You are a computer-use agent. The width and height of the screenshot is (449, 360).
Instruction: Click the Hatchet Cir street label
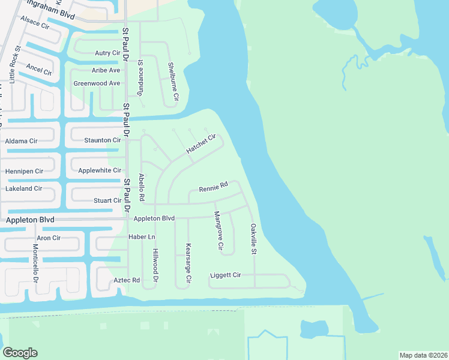200,144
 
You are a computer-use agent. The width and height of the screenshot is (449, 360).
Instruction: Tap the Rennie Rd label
214,187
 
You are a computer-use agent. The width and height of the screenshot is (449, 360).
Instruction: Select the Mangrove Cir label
218,230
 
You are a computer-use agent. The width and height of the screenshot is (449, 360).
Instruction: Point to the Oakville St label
253,238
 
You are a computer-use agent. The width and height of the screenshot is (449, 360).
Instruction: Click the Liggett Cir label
225,275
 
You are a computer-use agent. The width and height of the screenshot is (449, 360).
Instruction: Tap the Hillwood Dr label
155,265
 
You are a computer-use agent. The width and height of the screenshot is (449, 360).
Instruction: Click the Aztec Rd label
127,280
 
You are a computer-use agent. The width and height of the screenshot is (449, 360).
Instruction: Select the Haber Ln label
142,237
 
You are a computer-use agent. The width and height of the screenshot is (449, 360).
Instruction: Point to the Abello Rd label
142,187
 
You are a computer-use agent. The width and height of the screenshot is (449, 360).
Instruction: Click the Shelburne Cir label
173,80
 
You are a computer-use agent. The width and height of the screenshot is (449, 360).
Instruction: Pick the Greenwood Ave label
97,83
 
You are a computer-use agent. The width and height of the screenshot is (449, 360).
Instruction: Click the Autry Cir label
107,53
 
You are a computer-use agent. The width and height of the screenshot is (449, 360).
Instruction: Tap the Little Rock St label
14,64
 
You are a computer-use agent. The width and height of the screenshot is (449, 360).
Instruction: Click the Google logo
20,353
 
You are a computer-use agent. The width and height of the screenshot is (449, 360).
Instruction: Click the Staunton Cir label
103,140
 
